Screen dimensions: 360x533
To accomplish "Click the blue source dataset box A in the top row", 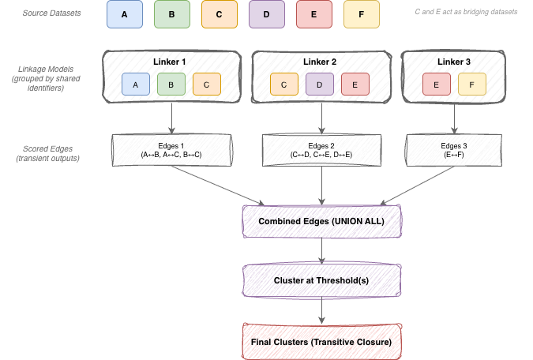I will click(x=123, y=15).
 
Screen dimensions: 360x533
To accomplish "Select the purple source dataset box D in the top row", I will click(x=266, y=15).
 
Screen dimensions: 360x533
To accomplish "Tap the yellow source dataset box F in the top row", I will click(x=361, y=15).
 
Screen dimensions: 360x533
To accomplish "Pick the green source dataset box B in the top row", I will click(x=171, y=15).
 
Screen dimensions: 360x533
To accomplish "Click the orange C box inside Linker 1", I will click(x=207, y=84).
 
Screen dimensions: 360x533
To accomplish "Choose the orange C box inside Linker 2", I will click(x=283, y=84).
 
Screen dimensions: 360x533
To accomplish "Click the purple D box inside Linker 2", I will click(x=320, y=84).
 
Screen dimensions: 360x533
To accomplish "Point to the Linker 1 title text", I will click(x=171, y=62).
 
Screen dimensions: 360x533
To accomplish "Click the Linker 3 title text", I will click(x=452, y=62).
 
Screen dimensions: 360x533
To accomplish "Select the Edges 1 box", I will click(x=171, y=150).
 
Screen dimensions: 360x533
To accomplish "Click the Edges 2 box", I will click(x=321, y=150).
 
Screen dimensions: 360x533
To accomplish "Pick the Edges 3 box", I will click(x=453, y=150).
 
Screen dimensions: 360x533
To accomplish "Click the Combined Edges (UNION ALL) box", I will click(x=321, y=221).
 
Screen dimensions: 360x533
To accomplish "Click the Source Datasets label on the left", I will click(x=53, y=15).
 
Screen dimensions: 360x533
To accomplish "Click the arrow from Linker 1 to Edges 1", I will click(x=171, y=118).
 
